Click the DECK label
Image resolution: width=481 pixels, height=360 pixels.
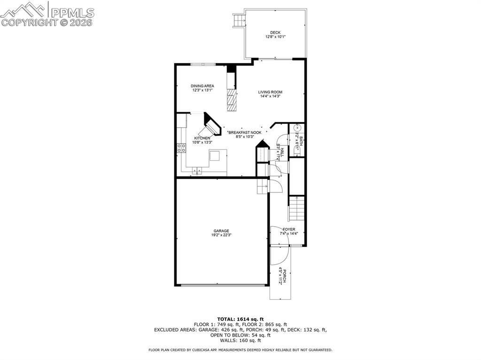coord(275,33)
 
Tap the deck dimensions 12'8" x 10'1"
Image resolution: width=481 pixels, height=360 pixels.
coord(275,37)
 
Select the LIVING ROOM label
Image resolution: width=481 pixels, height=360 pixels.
coord(270,92)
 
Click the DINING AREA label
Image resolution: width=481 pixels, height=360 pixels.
coord(202,86)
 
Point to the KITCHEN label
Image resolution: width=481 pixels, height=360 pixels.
coord(202,138)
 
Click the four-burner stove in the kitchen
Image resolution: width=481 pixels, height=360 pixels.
coord(181,148)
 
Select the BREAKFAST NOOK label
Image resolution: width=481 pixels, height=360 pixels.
coord(245,132)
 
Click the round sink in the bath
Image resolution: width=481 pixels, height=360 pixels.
coord(297,128)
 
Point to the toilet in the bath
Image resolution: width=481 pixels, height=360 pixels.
coord(296,149)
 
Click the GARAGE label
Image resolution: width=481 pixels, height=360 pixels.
coord(221,231)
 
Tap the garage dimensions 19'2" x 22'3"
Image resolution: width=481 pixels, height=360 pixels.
coord(221,235)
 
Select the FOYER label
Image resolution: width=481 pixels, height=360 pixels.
coord(289,229)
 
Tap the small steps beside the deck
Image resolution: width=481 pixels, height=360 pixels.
coord(240,20)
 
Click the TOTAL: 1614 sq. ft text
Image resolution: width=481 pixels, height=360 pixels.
coord(240,319)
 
